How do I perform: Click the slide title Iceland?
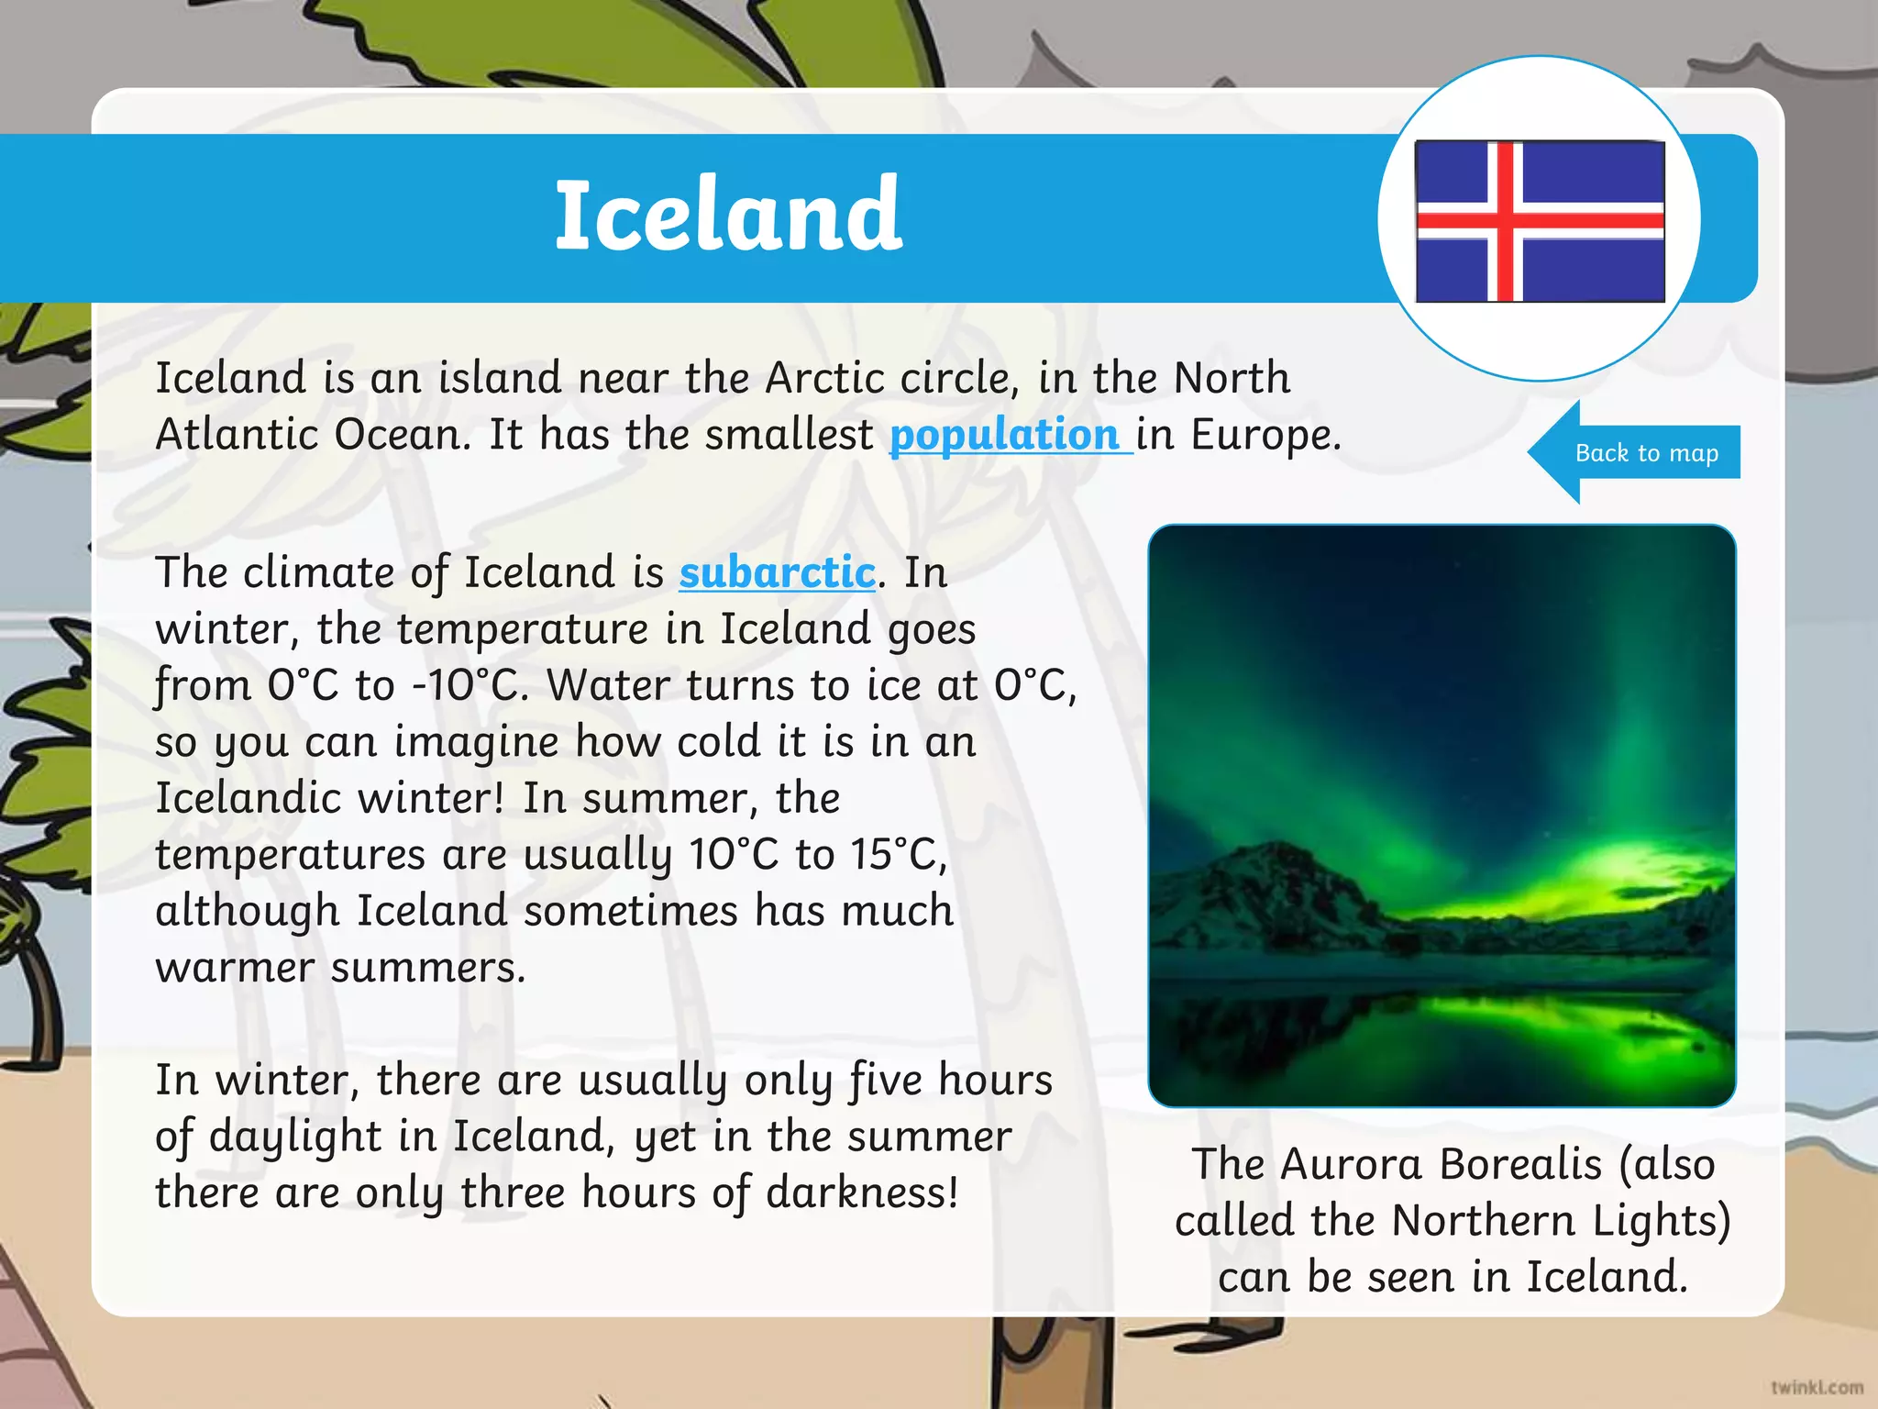click(x=729, y=216)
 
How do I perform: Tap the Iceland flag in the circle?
click(x=1540, y=221)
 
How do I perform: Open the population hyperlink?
click(x=1005, y=435)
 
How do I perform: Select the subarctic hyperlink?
click(x=777, y=573)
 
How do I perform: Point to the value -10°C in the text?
click(x=469, y=685)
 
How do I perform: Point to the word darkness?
click(x=862, y=1193)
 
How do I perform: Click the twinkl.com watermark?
click(x=1817, y=1387)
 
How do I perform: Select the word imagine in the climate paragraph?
click(x=475, y=742)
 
